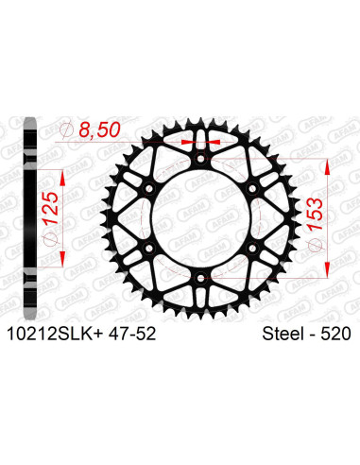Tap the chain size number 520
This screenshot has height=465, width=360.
[x=334, y=333]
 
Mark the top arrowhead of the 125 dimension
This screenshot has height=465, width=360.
[x=61, y=175]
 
